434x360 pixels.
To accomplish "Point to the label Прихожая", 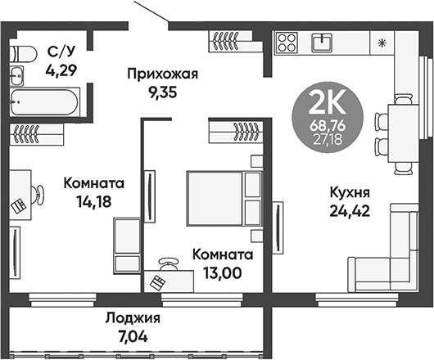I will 163,75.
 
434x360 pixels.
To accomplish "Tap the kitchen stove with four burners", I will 287,42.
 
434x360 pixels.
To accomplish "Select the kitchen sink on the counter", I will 325,41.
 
